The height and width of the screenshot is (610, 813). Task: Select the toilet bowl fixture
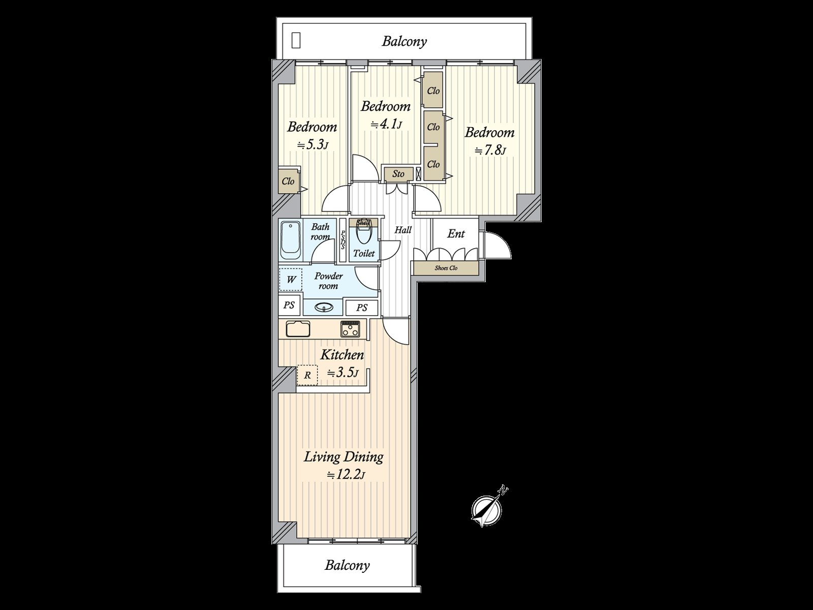[364, 235]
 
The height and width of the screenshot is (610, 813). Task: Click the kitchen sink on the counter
[298, 329]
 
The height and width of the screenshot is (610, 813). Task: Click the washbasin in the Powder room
[324, 307]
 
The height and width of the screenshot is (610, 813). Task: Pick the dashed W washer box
[291, 280]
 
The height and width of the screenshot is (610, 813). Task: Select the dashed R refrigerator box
[307, 376]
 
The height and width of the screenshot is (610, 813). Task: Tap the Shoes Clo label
[446, 268]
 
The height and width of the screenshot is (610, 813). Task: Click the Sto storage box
[398, 174]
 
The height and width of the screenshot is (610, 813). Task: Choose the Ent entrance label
[456, 234]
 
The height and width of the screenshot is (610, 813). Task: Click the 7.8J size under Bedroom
[490, 150]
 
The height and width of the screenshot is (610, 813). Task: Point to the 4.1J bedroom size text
[386, 124]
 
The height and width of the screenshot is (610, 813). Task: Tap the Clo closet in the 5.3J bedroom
[288, 181]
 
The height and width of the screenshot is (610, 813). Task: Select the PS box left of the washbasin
[289, 306]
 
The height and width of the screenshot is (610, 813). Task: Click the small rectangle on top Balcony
[296, 40]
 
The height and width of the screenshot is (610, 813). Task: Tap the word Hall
[403, 230]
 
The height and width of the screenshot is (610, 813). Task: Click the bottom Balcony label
[347, 565]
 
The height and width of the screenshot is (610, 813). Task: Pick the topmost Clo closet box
[433, 90]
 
